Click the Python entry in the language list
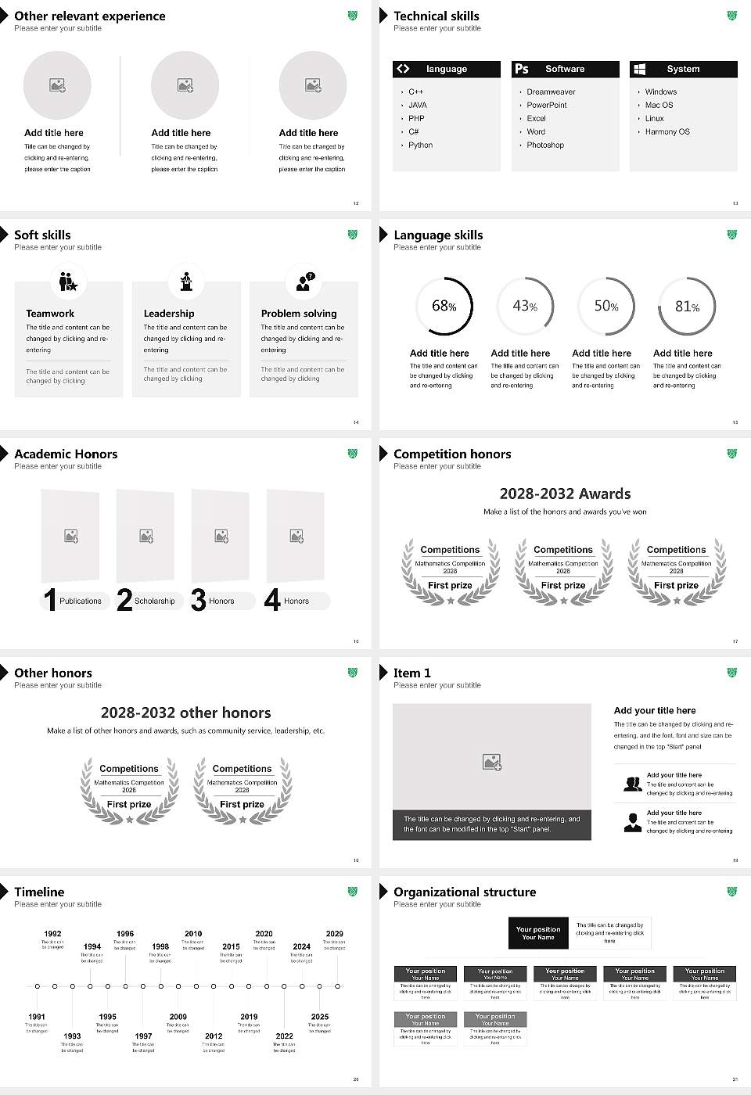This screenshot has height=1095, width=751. (420, 145)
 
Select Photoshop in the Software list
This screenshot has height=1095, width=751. (545, 145)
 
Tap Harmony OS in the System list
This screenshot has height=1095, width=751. (667, 132)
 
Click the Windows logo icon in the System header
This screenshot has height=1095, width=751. (639, 69)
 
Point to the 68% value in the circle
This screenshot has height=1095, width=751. (444, 306)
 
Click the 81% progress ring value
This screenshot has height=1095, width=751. (687, 306)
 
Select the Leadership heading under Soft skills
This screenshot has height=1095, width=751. (169, 313)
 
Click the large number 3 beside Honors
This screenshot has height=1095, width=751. (199, 600)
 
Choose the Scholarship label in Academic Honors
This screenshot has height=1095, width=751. (154, 601)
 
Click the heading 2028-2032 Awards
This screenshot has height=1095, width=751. (565, 494)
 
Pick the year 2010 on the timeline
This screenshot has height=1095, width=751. (193, 933)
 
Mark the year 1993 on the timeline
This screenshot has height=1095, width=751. (72, 1036)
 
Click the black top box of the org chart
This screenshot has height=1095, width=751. (538, 933)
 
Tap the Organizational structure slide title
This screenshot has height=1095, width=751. (465, 892)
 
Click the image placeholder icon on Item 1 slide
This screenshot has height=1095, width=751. (492, 761)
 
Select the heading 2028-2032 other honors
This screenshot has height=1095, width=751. (185, 713)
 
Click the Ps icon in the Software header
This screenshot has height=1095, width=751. (522, 69)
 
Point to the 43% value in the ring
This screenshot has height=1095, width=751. (524, 306)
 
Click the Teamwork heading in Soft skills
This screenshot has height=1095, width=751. (50, 313)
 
